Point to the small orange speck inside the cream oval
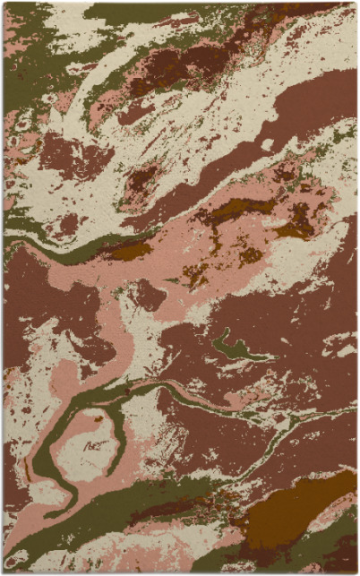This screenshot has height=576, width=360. [98, 418]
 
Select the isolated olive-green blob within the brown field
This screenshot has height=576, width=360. [231, 348]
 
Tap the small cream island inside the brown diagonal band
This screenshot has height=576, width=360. [266, 144]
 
